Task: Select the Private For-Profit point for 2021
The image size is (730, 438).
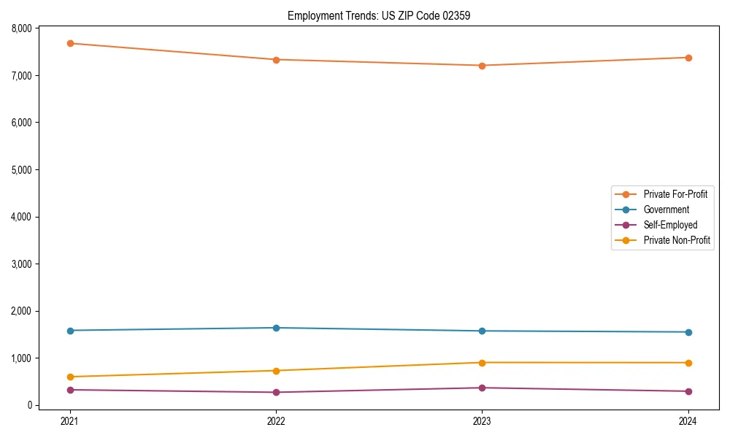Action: [70, 43]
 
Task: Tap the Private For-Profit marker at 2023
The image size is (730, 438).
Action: [482, 66]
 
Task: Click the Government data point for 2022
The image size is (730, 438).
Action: [276, 328]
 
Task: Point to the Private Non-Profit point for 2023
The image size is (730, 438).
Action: [482, 363]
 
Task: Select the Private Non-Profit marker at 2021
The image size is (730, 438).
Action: [70, 377]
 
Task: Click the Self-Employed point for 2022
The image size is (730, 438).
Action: [276, 393]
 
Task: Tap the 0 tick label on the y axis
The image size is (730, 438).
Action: [30, 406]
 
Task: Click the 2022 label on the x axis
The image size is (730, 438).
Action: [276, 421]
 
